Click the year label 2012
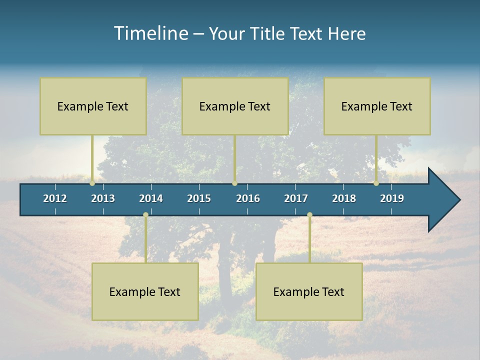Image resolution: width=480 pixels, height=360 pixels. click(x=55, y=198)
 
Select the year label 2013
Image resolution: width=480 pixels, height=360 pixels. click(x=103, y=198)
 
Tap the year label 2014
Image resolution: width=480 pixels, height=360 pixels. click(x=151, y=198)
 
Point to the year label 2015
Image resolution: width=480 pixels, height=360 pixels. click(x=199, y=198)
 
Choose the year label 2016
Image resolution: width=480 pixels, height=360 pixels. click(x=248, y=198)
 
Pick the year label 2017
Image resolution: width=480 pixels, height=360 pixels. click(x=296, y=198)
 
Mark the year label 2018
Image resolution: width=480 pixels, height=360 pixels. click(x=344, y=198)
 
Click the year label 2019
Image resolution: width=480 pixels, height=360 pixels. click(x=392, y=198)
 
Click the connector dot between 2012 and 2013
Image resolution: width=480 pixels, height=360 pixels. click(x=92, y=183)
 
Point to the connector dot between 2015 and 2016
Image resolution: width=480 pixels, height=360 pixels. click(x=234, y=183)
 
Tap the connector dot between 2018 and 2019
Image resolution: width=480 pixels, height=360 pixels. click(x=376, y=183)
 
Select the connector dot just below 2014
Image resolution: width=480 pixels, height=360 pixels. click(x=145, y=215)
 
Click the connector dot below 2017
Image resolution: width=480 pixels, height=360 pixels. click(x=309, y=215)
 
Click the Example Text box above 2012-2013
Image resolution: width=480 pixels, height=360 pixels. click(x=93, y=106)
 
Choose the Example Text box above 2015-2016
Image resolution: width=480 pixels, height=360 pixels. click(x=235, y=106)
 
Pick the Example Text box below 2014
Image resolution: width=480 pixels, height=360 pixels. click(x=145, y=291)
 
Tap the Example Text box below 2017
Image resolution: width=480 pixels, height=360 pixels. click(x=309, y=291)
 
